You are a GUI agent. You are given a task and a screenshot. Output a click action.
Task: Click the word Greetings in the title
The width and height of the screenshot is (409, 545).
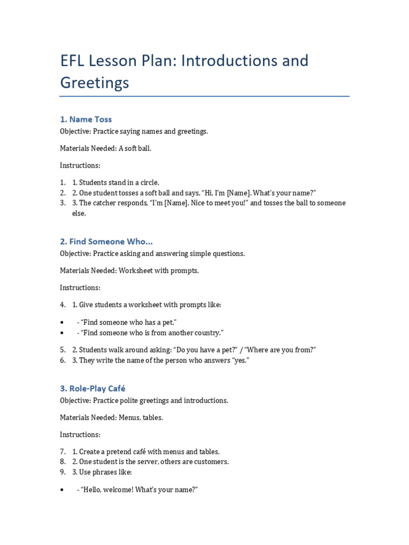pos(94,83)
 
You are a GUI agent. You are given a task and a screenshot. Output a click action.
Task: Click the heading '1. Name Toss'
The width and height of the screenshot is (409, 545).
pos(86,119)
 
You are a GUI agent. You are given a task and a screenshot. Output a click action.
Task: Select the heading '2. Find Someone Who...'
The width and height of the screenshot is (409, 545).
pos(107,242)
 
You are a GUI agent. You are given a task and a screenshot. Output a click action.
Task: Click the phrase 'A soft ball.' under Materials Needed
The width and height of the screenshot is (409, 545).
pos(135,148)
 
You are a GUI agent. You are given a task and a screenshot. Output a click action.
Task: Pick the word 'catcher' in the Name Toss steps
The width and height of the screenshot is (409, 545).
pos(106,203)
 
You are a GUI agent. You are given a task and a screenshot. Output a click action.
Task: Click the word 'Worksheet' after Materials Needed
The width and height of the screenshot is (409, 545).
pos(136,270)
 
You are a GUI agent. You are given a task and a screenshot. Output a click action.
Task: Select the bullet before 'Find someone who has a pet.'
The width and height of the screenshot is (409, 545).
pos(62,323)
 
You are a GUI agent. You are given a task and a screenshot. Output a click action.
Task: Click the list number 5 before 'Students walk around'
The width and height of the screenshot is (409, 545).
pos(62,350)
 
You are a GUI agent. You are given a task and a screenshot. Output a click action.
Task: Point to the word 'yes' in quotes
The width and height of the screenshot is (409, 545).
pos(240,360)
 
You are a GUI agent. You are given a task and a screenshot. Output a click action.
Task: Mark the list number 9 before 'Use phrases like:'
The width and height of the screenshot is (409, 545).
pos(62,472)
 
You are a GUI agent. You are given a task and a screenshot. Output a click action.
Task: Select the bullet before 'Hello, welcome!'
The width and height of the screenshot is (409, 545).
pos(62,490)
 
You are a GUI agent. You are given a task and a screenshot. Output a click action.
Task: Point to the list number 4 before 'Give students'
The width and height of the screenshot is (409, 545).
pos(62,305)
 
